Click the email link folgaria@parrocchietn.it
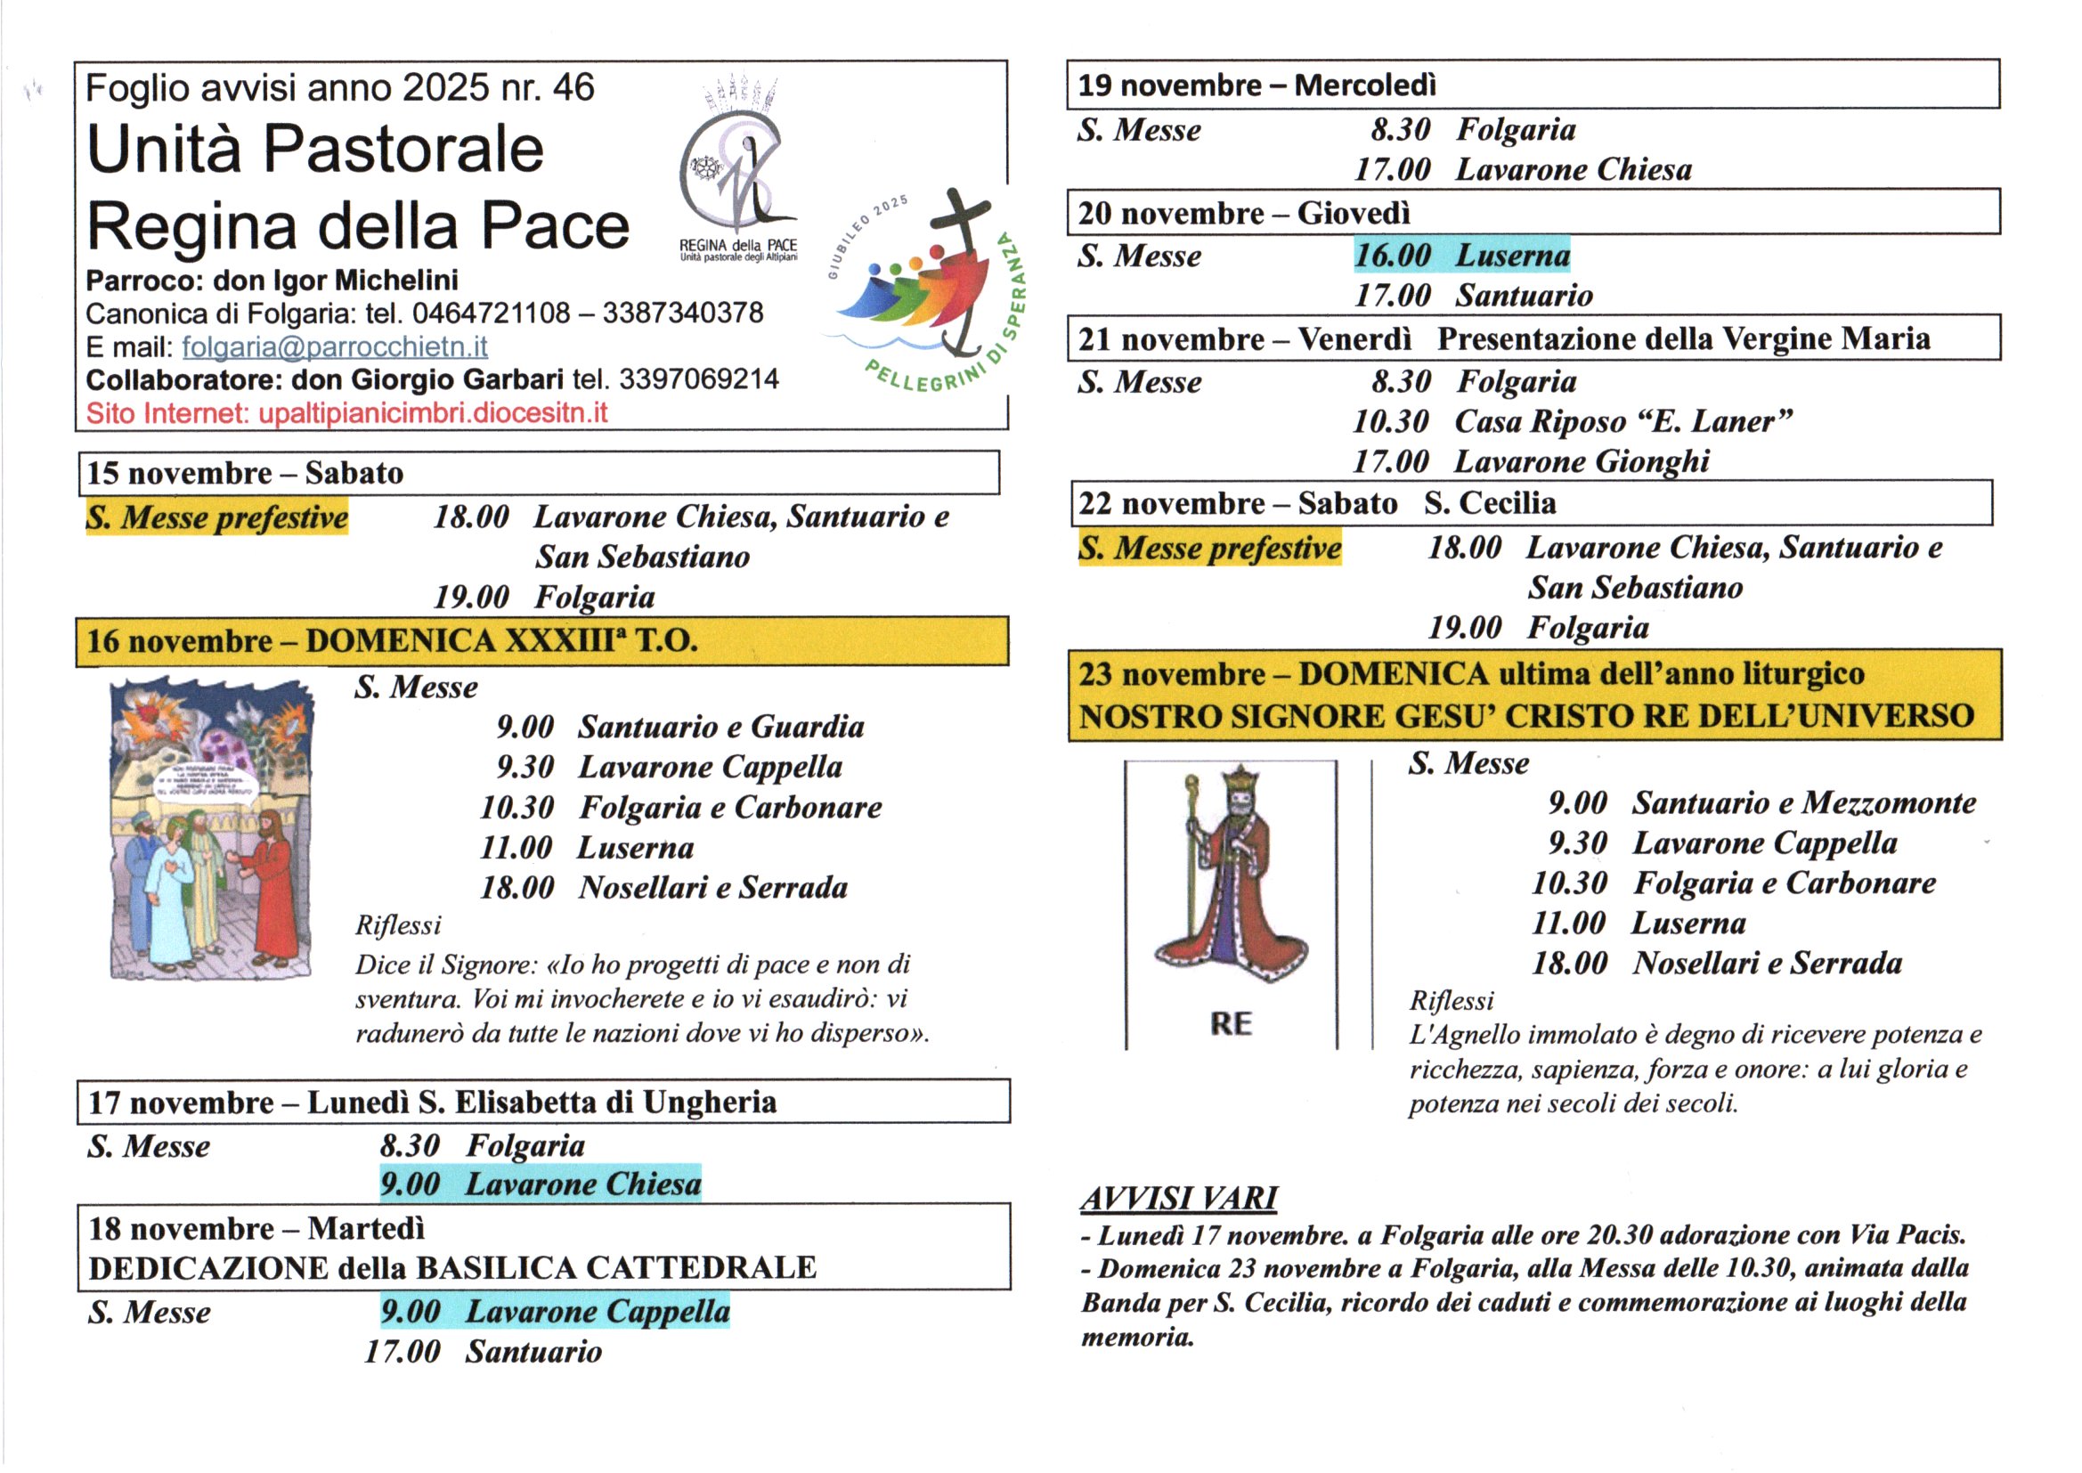335,346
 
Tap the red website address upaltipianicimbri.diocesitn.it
433,413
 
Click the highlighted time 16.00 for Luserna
1392,256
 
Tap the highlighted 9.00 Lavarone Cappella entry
555,1312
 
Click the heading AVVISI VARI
1179,1198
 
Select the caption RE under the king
1231,1024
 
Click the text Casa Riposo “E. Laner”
1623,422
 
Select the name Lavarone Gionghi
1582,461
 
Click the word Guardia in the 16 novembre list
807,727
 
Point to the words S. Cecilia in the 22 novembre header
1489,502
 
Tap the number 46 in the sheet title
573,88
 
